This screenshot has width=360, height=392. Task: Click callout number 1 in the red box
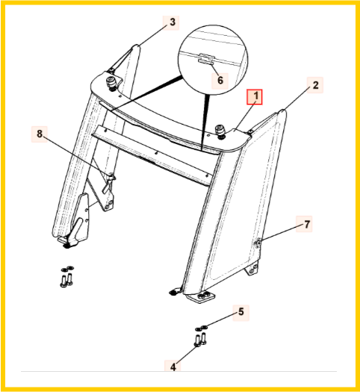[255, 96]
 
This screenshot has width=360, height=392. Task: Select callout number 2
[315, 85]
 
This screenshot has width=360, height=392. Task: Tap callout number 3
[173, 22]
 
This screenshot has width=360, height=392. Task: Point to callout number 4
[173, 367]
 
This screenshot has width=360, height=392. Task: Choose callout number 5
[240, 312]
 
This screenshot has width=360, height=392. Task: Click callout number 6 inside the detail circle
[220, 81]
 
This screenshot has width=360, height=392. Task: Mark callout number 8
[40, 134]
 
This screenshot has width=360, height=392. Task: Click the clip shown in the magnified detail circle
[206, 58]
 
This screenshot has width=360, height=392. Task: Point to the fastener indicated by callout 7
[258, 243]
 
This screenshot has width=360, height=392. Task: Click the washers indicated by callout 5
[202, 328]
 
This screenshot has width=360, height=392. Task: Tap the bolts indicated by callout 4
[200, 340]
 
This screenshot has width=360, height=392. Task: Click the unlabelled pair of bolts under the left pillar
[66, 280]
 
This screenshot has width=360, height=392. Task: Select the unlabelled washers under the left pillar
[67, 269]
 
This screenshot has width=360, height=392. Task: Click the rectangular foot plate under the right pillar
[200, 298]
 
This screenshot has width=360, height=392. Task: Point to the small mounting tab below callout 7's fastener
[252, 270]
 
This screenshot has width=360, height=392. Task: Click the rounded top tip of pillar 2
[282, 111]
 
